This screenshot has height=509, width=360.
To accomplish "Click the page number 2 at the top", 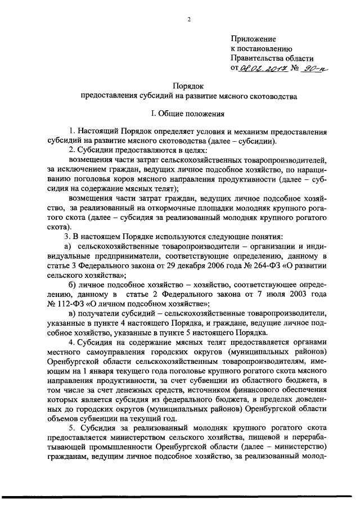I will pos(189,20).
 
